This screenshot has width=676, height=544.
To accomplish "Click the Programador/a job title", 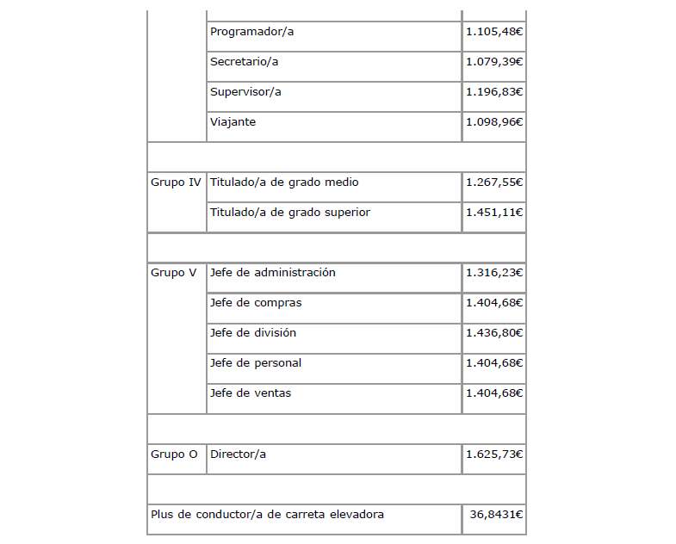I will pos(252,32).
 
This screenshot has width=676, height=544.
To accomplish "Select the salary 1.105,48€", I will pos(494,32).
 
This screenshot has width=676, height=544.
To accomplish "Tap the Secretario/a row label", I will pos(244,62).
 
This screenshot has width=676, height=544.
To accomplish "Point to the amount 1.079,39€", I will pos(494,62).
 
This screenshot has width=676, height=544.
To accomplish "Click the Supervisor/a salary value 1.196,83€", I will pos(494,92).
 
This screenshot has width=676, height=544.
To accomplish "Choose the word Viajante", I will pos(233,122).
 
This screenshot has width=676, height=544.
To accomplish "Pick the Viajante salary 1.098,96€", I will pos(494,122).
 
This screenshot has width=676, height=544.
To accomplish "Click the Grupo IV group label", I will pos(176,182).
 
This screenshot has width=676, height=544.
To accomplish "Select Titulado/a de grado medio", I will pos(284,182).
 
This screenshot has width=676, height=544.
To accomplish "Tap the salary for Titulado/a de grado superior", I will pos(494,213).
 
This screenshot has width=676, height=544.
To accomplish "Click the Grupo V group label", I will pos(173,273).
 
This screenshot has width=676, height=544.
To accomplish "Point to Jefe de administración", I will pos(272,273).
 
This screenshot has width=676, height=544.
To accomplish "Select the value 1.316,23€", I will pos(494,273).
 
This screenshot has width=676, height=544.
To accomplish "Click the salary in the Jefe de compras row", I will pos(494,303).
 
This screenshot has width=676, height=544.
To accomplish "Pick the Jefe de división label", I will pos(253,333).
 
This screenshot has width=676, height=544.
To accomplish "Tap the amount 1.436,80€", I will pos(494,333).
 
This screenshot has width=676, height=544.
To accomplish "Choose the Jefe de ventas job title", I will pos(251,393).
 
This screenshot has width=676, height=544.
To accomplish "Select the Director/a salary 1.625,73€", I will pos(494,454).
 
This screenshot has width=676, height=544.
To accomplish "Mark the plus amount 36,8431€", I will pos(497,515).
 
